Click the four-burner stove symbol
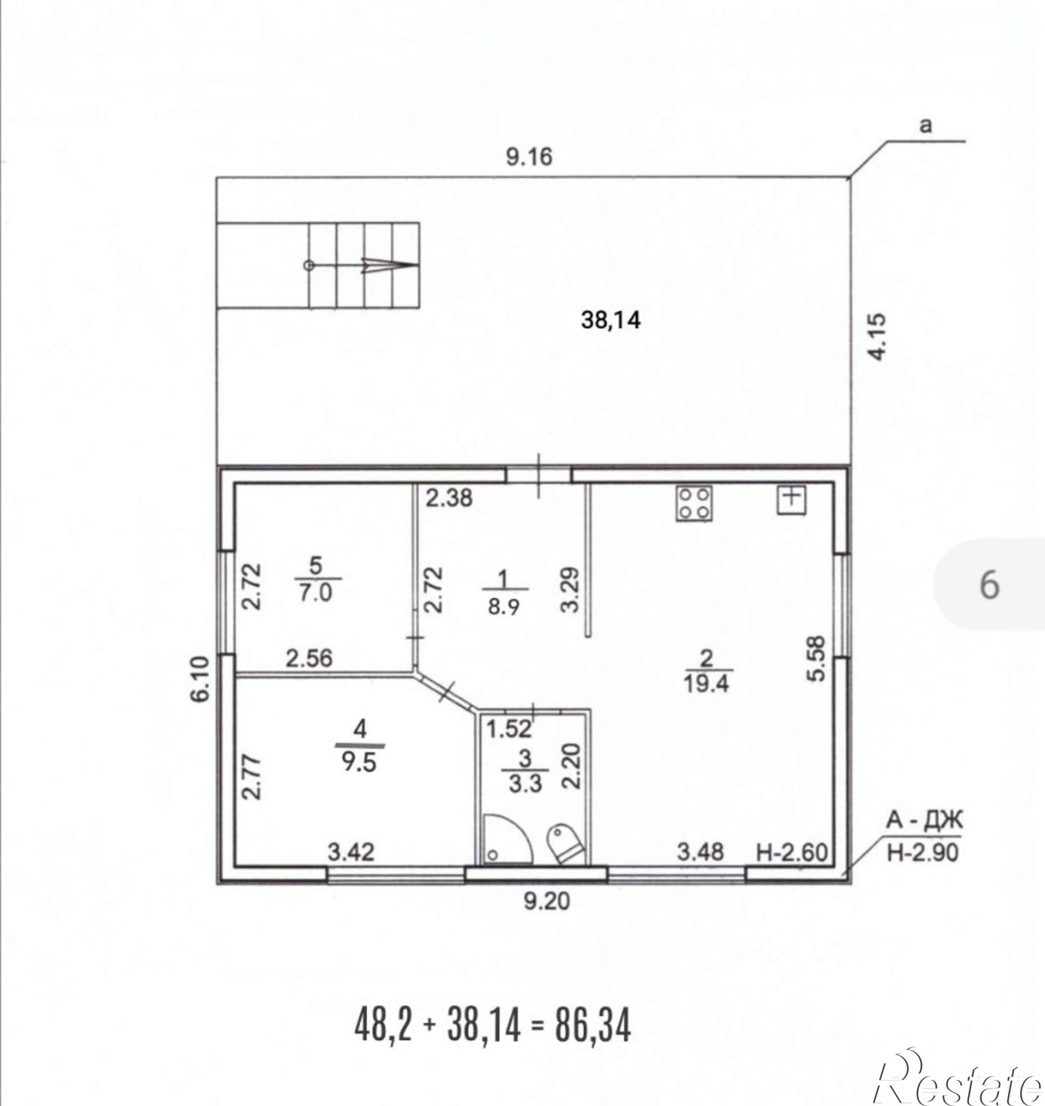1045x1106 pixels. tap(694, 503)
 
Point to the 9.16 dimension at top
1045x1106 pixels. tap(529, 157)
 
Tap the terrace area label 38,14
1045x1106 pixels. tap(611, 320)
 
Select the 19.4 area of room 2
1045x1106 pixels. tap(706, 684)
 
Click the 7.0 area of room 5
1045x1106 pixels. tap(315, 593)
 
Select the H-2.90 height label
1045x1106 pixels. tap(923, 868)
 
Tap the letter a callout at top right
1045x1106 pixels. tap(925, 126)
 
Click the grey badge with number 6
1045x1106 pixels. tap(989, 585)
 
